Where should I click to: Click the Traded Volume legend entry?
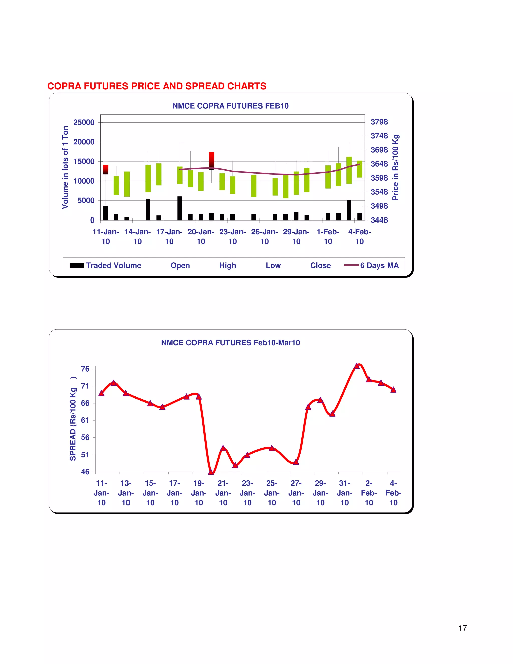[105, 265]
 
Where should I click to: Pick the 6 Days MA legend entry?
[371, 265]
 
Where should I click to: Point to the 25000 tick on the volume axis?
[84, 122]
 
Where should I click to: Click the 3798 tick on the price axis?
[379, 122]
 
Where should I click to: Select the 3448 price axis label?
[379, 220]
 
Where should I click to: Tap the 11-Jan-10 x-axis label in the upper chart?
[106, 237]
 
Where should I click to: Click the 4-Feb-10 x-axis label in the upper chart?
[359, 237]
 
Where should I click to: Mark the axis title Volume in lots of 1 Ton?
[65, 167]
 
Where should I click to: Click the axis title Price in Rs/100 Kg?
[395, 167]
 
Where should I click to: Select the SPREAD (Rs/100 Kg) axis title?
[73, 419]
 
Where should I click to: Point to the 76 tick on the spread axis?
[85, 369]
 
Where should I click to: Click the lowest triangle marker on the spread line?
[211, 472]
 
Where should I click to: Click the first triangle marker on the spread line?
[101, 393]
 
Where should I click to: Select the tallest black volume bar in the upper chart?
[180, 208]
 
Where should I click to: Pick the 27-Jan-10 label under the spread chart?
[296, 493]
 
